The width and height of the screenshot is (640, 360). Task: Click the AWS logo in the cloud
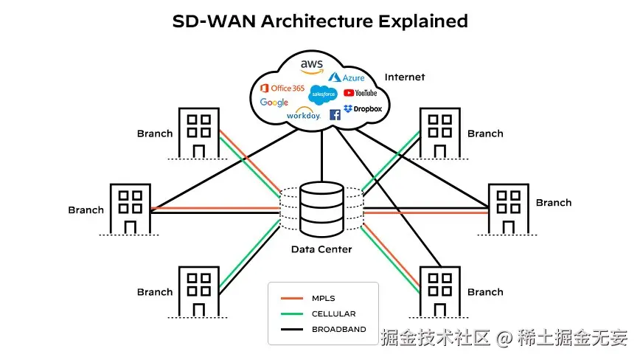(x=312, y=66)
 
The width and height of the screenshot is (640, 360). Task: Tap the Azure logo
(x=347, y=77)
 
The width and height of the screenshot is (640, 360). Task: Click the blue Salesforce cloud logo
(x=324, y=94)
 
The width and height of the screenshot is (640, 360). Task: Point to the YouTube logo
(x=361, y=93)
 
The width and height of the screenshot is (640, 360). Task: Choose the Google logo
(x=274, y=103)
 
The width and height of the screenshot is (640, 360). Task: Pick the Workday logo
(x=303, y=115)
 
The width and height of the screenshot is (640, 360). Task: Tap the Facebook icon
(x=335, y=114)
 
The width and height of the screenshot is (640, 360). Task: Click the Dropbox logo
(x=363, y=109)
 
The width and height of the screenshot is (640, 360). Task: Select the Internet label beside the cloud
(x=405, y=77)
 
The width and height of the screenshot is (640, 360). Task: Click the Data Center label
(x=321, y=249)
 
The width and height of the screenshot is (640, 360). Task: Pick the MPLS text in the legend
(x=323, y=299)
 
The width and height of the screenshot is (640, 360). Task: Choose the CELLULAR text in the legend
(x=333, y=314)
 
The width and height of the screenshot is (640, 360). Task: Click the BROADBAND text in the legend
(x=338, y=329)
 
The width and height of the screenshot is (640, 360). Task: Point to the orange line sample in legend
(x=293, y=299)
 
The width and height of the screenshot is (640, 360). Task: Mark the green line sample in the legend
(x=293, y=314)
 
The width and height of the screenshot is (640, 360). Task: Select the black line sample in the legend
(x=293, y=329)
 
